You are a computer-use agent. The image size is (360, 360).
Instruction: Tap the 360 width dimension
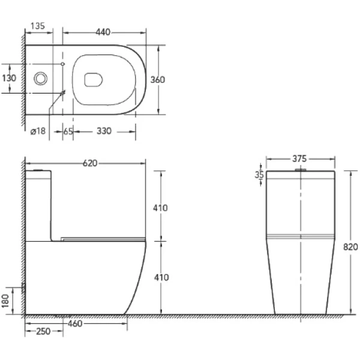158,80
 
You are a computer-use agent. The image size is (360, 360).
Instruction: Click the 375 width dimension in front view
299,159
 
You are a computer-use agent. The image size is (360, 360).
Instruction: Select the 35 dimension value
259,175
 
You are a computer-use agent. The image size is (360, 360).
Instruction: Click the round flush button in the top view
41,78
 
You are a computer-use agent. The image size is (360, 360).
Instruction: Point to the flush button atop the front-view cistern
299,170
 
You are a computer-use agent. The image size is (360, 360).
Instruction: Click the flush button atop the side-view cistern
39,171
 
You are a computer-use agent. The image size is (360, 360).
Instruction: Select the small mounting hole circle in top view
63,64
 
